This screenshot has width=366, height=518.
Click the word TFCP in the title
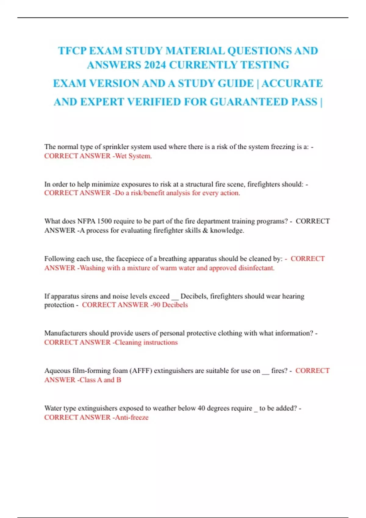72,51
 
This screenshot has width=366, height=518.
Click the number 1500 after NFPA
104,221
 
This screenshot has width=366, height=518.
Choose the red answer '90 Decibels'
170,305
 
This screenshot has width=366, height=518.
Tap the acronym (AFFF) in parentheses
141,371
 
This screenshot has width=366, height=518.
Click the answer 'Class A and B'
100,380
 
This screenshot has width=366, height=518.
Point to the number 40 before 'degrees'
201,408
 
